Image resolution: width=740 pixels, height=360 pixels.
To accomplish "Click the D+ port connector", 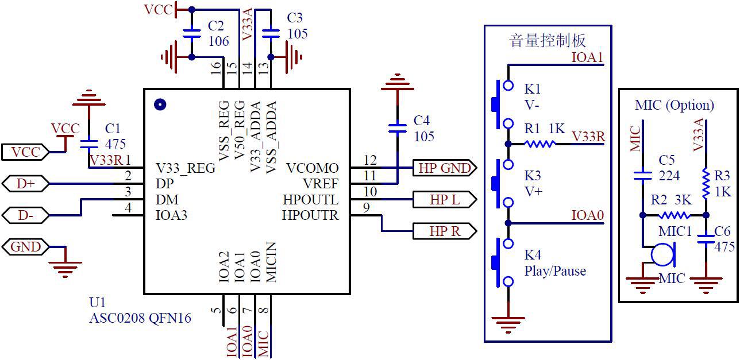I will pyautogui.click(x=26, y=184).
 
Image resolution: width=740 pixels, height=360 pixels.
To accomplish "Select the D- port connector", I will pyautogui.click(x=26, y=216).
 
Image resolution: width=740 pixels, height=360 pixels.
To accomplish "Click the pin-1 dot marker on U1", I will pyautogui.click(x=160, y=104).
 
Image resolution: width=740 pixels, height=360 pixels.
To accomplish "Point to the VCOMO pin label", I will pyautogui.click(x=312, y=168).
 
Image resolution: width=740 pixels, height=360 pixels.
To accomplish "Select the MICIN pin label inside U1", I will pyautogui.click(x=271, y=263).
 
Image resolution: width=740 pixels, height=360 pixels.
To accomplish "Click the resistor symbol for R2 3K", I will pyautogui.click(x=674, y=216).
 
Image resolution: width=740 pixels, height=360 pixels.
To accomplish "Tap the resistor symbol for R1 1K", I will pyautogui.click(x=539, y=144).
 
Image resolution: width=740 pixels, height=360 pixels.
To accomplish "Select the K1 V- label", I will pyautogui.click(x=533, y=97).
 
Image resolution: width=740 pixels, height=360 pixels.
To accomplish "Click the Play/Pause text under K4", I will pyautogui.click(x=555, y=271).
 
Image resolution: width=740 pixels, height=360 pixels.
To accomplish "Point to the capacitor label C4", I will pyautogui.click(x=421, y=121).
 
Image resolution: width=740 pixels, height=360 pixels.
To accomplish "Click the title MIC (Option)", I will pyautogui.click(x=675, y=105).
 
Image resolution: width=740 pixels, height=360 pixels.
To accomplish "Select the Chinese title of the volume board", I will pyautogui.click(x=548, y=41).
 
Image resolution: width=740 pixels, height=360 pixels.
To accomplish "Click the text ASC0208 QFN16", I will pyautogui.click(x=140, y=318).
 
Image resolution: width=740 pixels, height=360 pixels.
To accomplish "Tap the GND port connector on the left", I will pyautogui.click(x=26, y=247).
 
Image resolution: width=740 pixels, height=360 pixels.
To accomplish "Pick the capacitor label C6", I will pyautogui.click(x=723, y=231).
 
